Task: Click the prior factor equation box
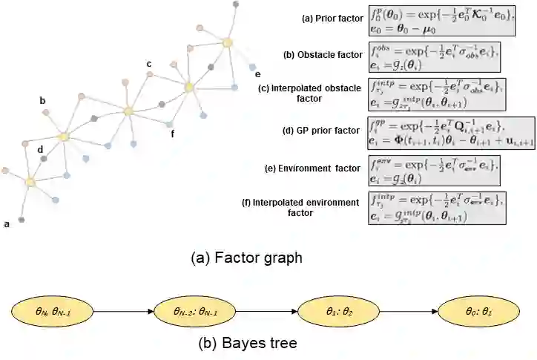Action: (441, 20)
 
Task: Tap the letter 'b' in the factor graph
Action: (42, 100)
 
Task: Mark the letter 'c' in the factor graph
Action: (149, 64)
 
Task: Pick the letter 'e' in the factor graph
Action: (257, 74)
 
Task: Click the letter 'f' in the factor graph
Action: (173, 134)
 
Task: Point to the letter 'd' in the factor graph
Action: (40, 148)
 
